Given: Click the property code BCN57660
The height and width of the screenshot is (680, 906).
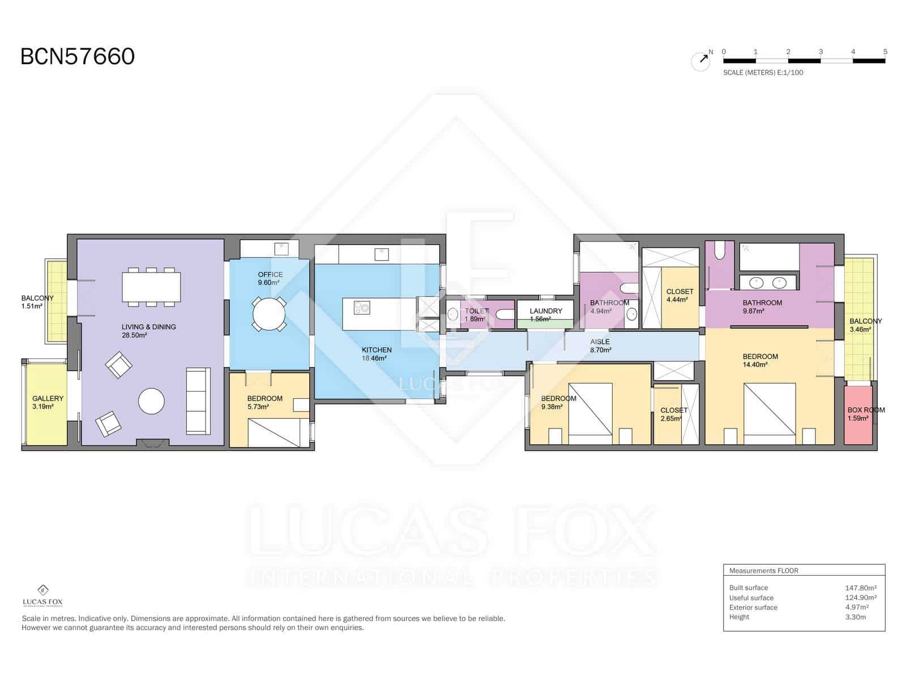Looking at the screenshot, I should point(78,57).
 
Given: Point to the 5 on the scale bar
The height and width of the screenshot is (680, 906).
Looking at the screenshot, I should point(884,52).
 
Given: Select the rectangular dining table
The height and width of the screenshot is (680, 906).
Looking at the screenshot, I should point(151,287).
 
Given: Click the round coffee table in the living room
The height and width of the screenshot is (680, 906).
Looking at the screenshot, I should point(151,401).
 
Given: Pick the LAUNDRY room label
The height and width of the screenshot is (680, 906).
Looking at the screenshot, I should point(546,311).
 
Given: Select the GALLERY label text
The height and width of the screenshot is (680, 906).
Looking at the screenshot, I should point(48,398).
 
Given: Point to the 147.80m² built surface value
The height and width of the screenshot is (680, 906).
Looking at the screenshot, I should point(860,588).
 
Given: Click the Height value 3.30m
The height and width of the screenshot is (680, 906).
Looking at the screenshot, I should point(855,617).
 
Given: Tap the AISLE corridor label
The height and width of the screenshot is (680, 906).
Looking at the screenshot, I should point(600,342).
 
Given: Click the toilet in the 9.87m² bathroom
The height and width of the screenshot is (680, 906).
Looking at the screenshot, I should point(720,250).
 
